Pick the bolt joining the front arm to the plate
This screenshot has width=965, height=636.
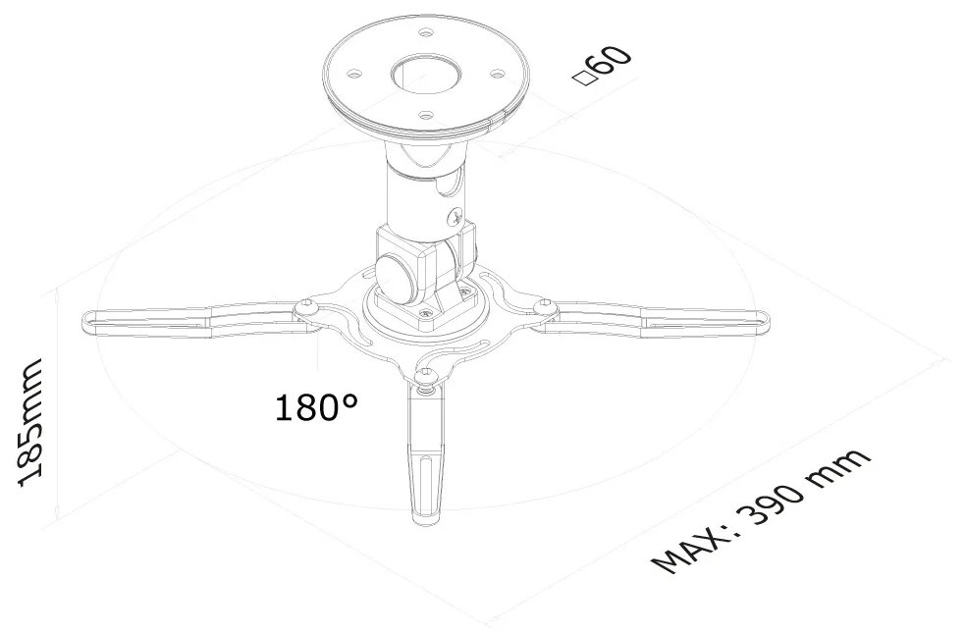pos(425,376)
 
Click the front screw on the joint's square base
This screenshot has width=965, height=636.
pos(425,315)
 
